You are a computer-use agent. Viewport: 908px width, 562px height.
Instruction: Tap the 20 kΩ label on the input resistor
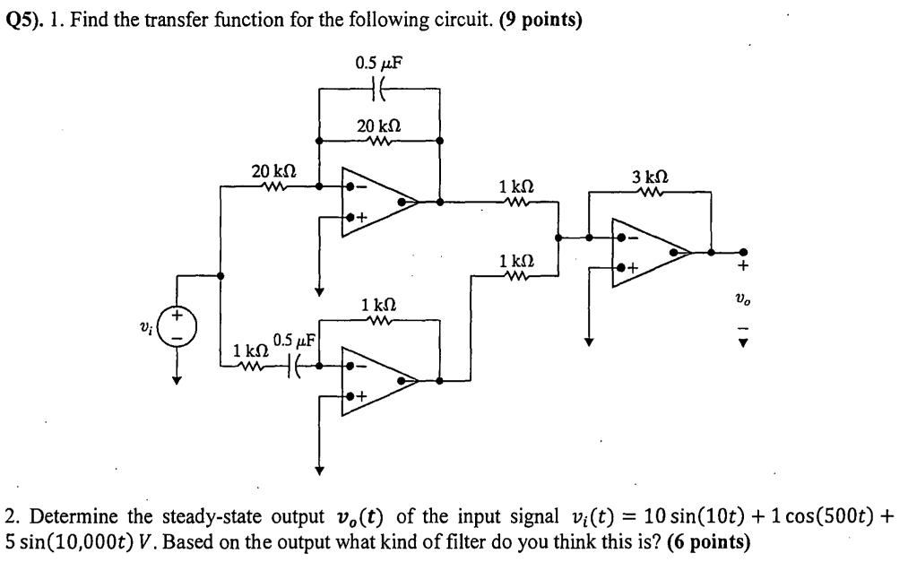tap(274, 171)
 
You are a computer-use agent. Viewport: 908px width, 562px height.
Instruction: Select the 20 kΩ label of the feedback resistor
tap(378, 126)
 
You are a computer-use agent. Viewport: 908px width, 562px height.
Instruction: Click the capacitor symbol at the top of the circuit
tap(378, 90)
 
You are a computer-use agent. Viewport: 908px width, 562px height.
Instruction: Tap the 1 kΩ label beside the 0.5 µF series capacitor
tap(248, 350)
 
